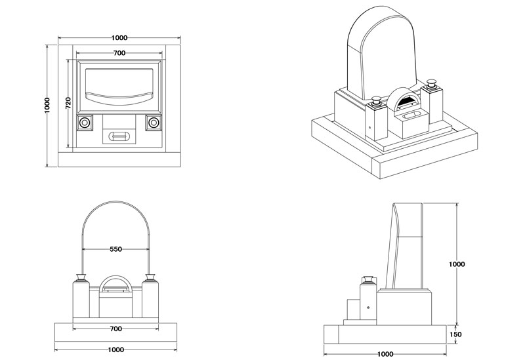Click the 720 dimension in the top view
[x=68, y=102]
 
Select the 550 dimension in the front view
[x=116, y=249]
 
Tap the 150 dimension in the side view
[x=457, y=334]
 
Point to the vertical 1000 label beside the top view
[x=47, y=106]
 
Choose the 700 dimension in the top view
[x=119, y=52]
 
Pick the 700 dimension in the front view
[x=115, y=328]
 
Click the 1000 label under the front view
[x=115, y=350]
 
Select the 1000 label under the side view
[x=386, y=354]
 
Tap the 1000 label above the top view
[x=119, y=38]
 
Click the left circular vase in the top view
[x=85, y=123]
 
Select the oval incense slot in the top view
[x=119, y=136]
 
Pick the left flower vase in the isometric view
[x=377, y=101]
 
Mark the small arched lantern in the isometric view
[x=401, y=100]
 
